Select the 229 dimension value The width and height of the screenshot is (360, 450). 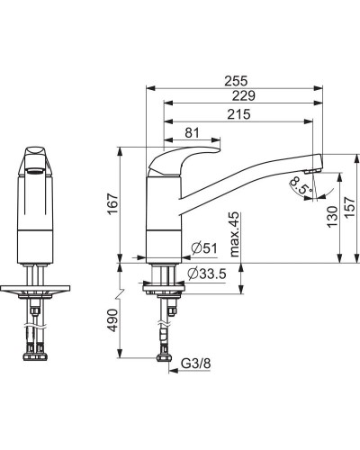coord(238,95)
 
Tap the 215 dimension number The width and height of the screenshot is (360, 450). coord(238,113)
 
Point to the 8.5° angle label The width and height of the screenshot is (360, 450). coord(299,186)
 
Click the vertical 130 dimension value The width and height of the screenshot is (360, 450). coord(332,216)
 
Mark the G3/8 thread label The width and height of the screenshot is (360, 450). coord(197,364)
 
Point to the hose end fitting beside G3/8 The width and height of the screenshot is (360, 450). coord(164,359)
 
